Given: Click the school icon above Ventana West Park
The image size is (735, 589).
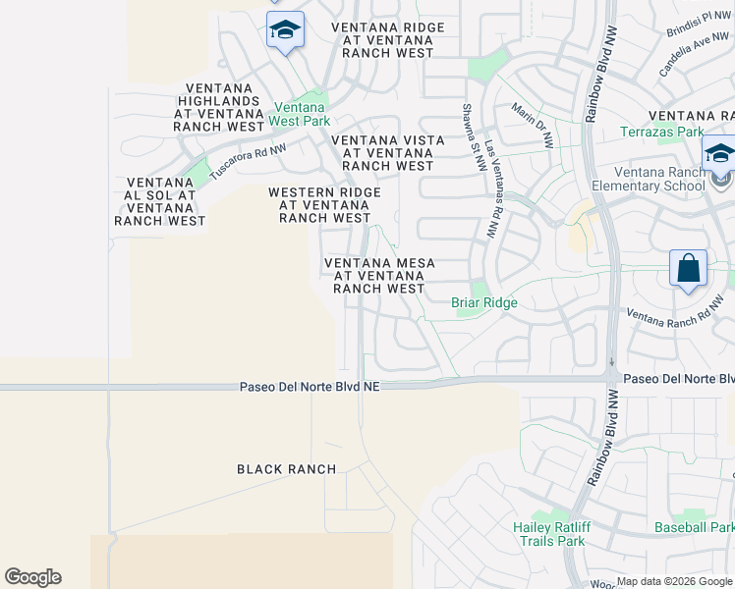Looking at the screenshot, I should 285,30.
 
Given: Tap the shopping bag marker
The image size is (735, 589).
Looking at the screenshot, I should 689,268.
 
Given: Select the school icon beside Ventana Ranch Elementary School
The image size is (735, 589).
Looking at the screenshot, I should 719,155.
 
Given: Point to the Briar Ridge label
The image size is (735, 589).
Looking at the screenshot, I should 483,303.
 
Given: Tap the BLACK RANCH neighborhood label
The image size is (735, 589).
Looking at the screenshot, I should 287,469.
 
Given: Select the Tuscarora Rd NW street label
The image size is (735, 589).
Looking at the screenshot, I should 249,163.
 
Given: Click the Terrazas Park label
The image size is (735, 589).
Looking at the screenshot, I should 661,132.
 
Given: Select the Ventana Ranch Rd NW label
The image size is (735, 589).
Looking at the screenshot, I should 668,318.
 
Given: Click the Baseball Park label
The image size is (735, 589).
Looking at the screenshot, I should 695,527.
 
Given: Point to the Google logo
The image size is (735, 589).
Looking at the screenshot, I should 32,577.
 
